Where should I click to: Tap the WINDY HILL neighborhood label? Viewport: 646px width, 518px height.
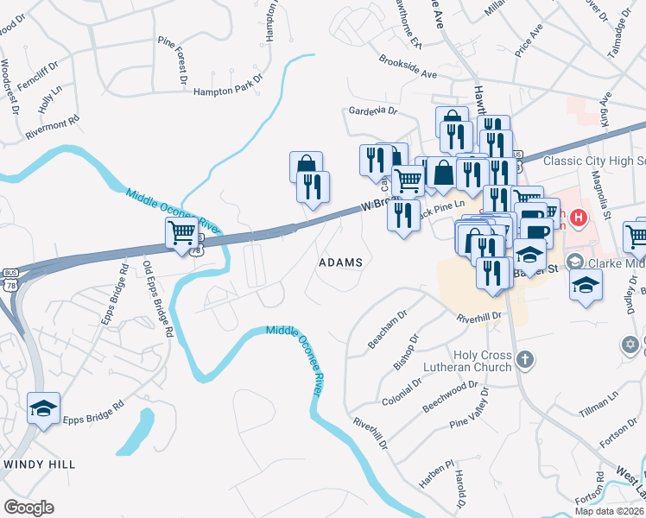[39, 464]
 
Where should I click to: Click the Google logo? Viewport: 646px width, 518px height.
[29, 507]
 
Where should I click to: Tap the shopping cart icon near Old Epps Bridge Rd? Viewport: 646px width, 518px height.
[180, 232]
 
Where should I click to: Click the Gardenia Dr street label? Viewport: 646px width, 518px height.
[372, 111]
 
